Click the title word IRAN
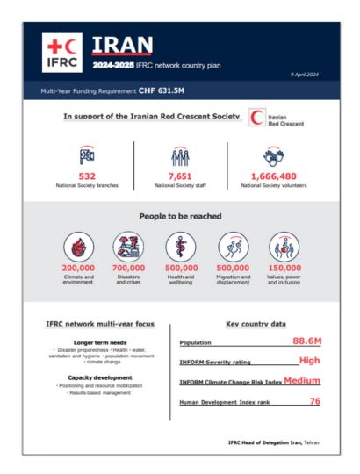pyautogui.click(x=122, y=45)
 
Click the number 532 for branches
pyautogui.click(x=87, y=176)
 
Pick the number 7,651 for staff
pyautogui.click(x=179, y=176)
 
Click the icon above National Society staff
pyautogui.click(x=179, y=156)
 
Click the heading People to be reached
pyautogui.click(x=179, y=215)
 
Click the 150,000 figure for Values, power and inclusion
pyautogui.click(x=284, y=268)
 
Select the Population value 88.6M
pyautogui.click(x=298, y=340)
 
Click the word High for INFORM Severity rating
pyautogui.click(x=308, y=360)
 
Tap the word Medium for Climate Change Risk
pyautogui.click(x=301, y=380)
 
